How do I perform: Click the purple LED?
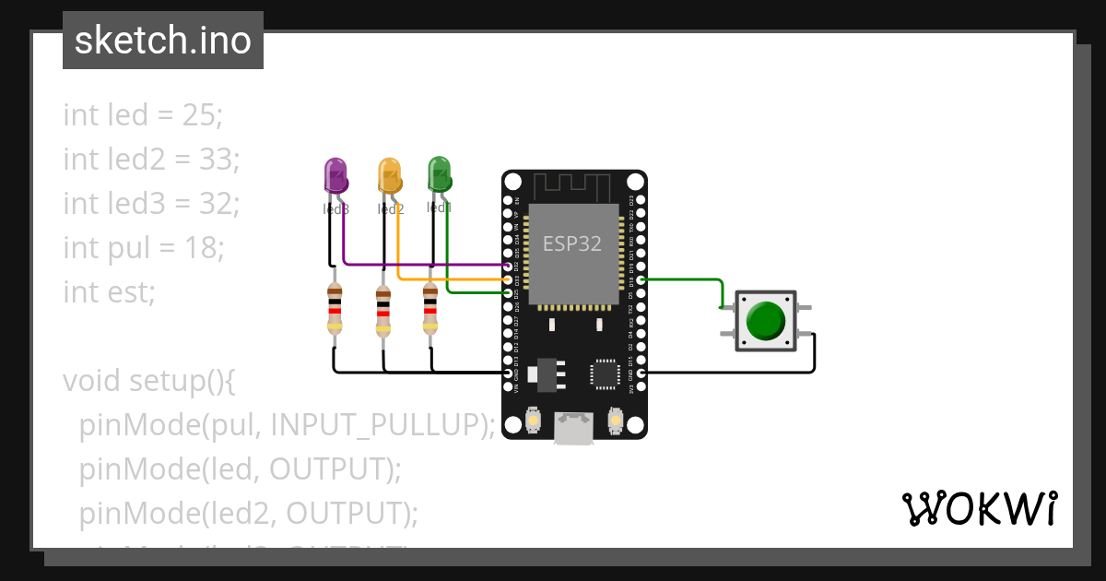point(335,175)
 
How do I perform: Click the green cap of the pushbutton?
point(765,320)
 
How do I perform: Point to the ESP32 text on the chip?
point(571,243)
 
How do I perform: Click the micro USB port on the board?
point(573,428)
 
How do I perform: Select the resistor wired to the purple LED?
point(335,310)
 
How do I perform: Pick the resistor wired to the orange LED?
point(383,310)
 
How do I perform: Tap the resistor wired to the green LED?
point(430,310)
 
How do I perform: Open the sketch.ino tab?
point(163,41)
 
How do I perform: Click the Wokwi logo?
point(979,508)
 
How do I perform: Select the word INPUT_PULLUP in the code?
point(378,424)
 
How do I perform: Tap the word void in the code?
point(92,380)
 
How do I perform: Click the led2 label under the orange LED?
point(391,209)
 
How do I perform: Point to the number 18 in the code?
point(202,247)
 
